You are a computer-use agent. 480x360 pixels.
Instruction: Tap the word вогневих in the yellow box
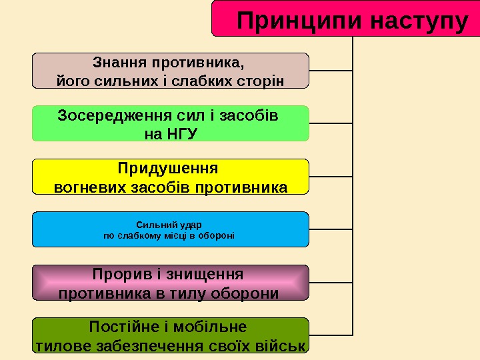click(87, 187)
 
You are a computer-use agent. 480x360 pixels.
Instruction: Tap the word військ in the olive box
click(283, 346)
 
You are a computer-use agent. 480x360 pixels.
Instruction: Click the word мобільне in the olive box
click(211, 327)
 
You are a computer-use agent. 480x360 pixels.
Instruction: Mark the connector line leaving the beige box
click(331, 70)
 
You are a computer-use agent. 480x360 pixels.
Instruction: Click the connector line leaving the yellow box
click(331, 176)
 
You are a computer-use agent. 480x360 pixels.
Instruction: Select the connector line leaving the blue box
click(331, 229)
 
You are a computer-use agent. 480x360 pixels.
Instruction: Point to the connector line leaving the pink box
click(331, 282)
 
